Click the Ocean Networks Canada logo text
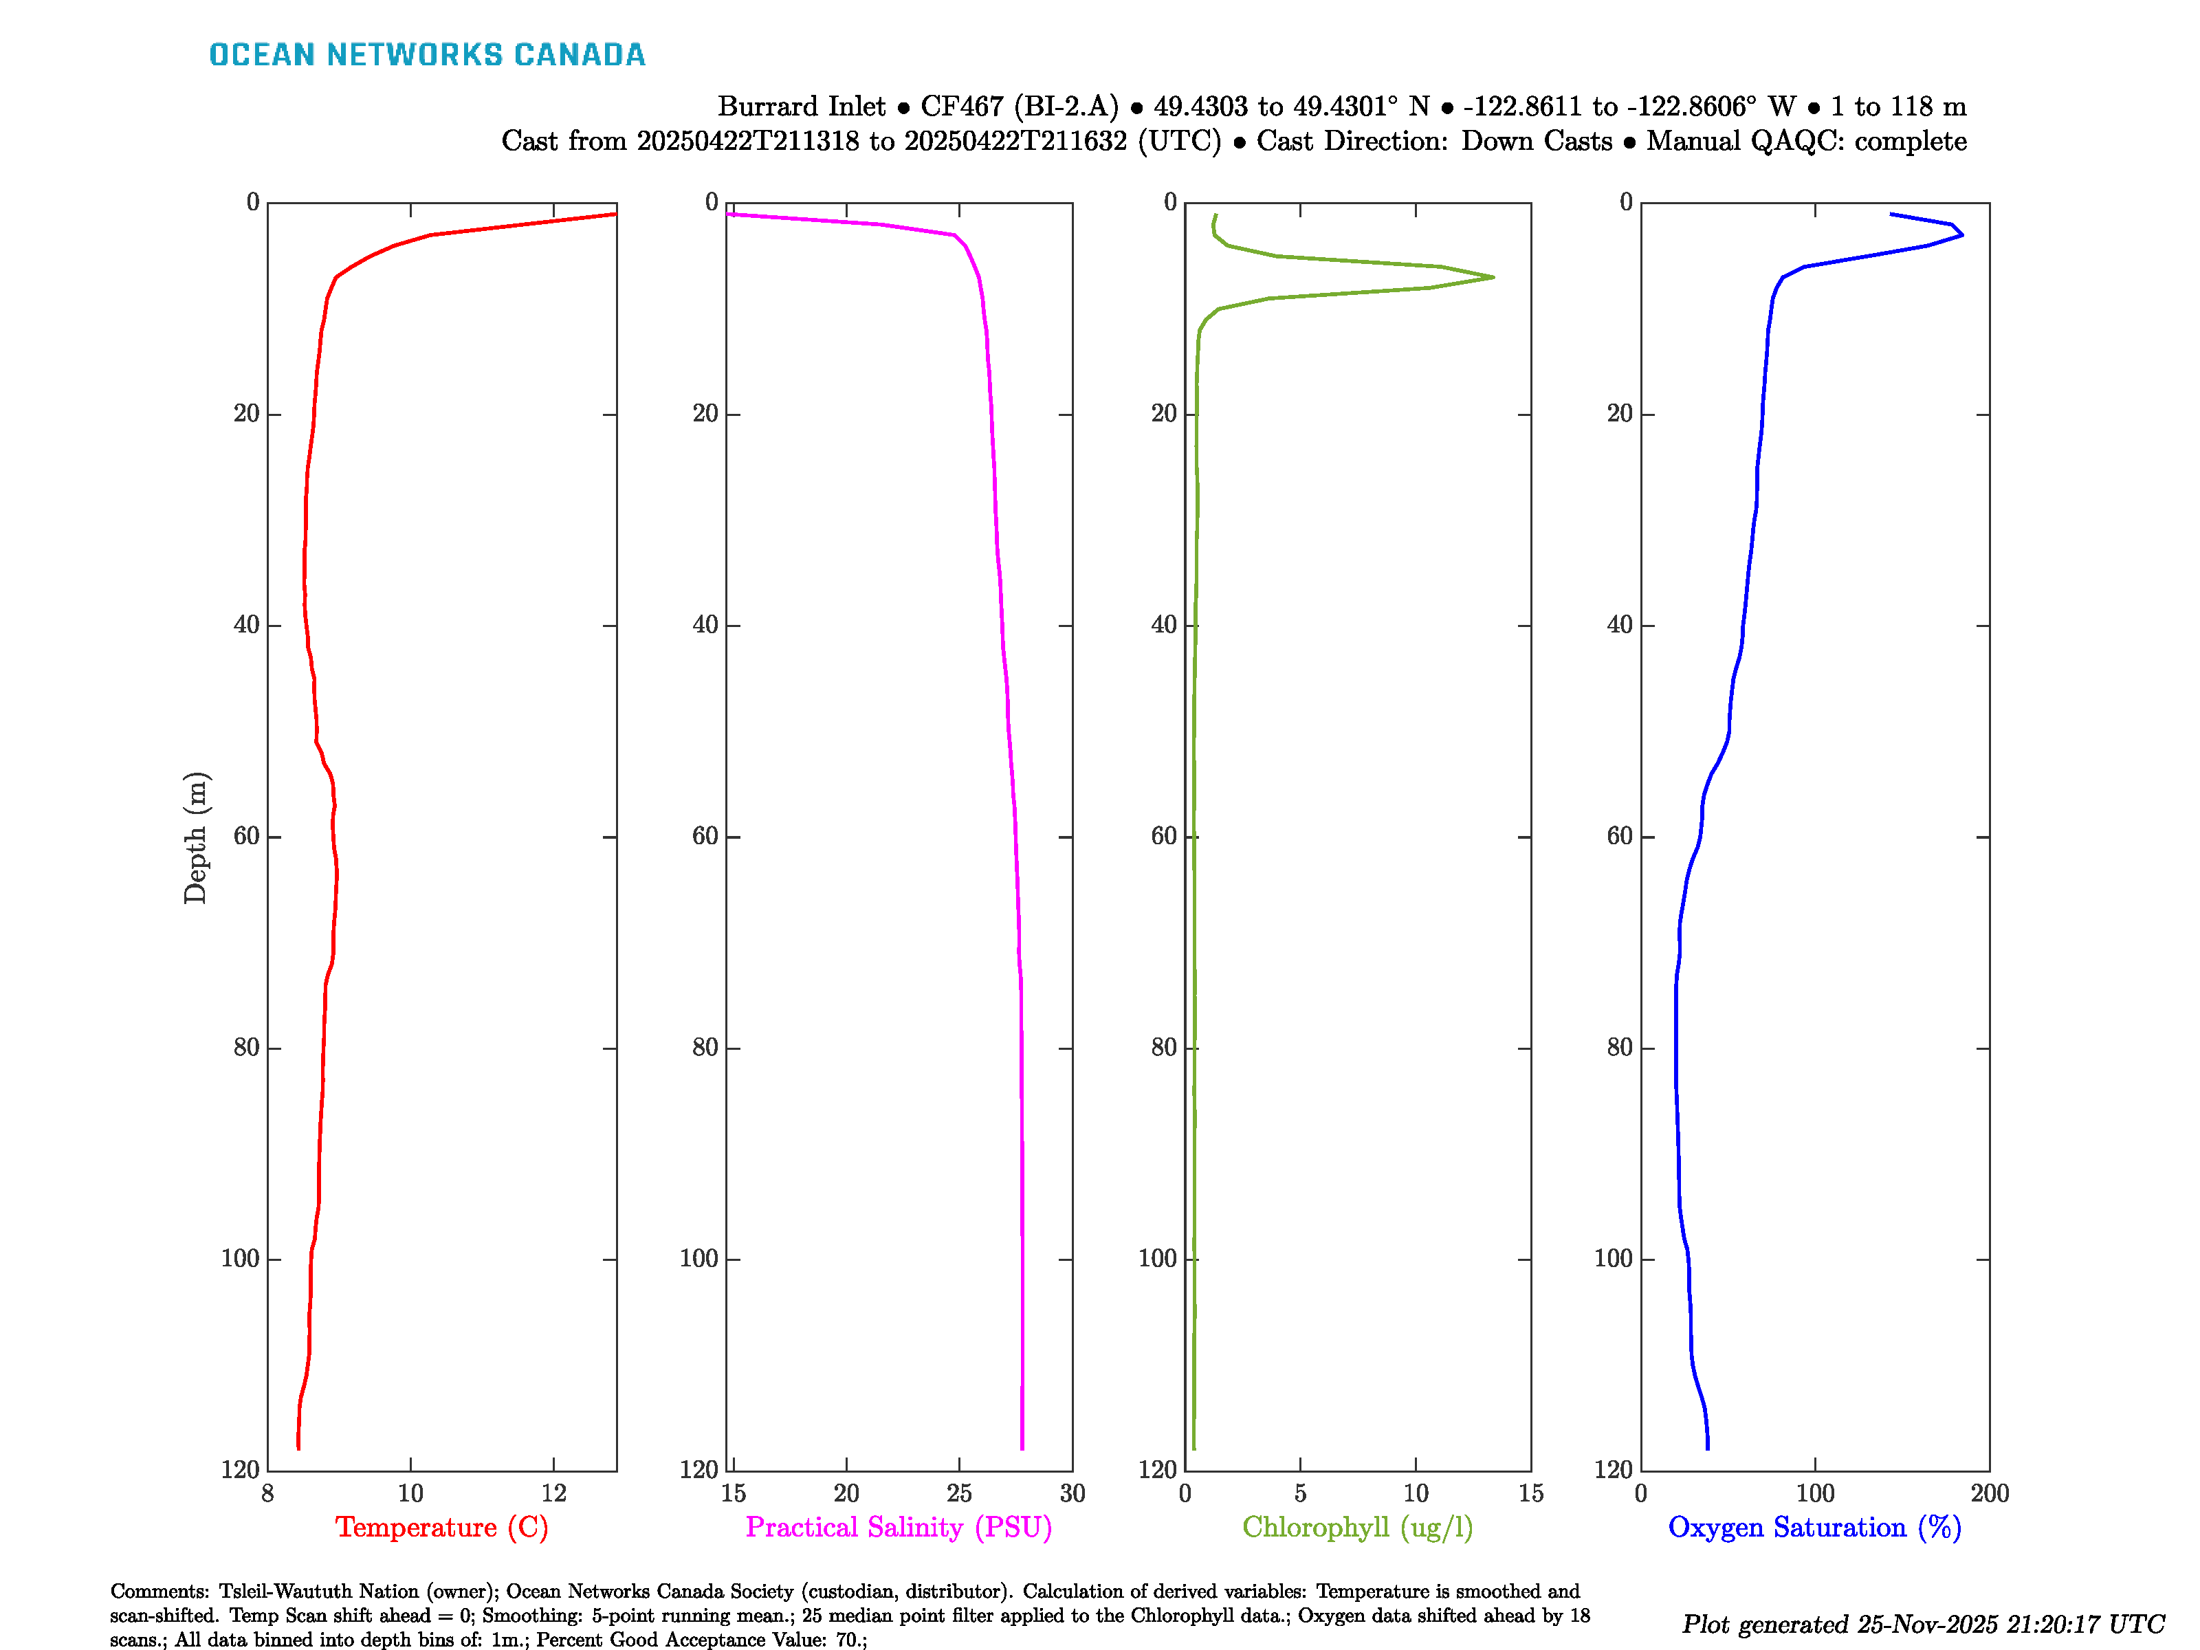(x=427, y=55)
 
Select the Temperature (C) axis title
(x=441, y=1527)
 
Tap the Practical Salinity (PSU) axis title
(x=898, y=1527)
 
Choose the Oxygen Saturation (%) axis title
(x=1814, y=1527)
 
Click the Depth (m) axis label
(x=195, y=837)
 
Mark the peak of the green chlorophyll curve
(x=1493, y=276)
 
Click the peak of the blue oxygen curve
(x=1962, y=234)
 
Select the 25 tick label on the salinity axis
(x=959, y=1493)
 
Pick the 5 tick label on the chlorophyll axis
(x=1300, y=1493)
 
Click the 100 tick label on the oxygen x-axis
(x=1814, y=1493)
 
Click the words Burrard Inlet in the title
(x=801, y=107)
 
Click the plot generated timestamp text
(x=1922, y=1624)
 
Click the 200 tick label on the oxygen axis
(x=1989, y=1493)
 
